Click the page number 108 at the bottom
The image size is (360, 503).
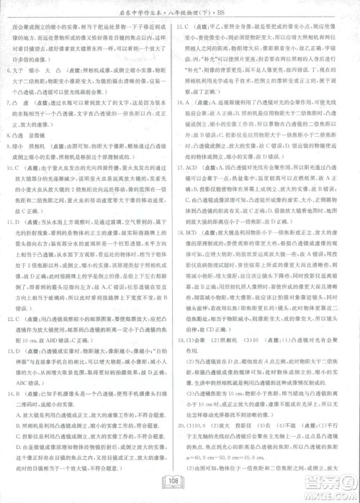point(179,481)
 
